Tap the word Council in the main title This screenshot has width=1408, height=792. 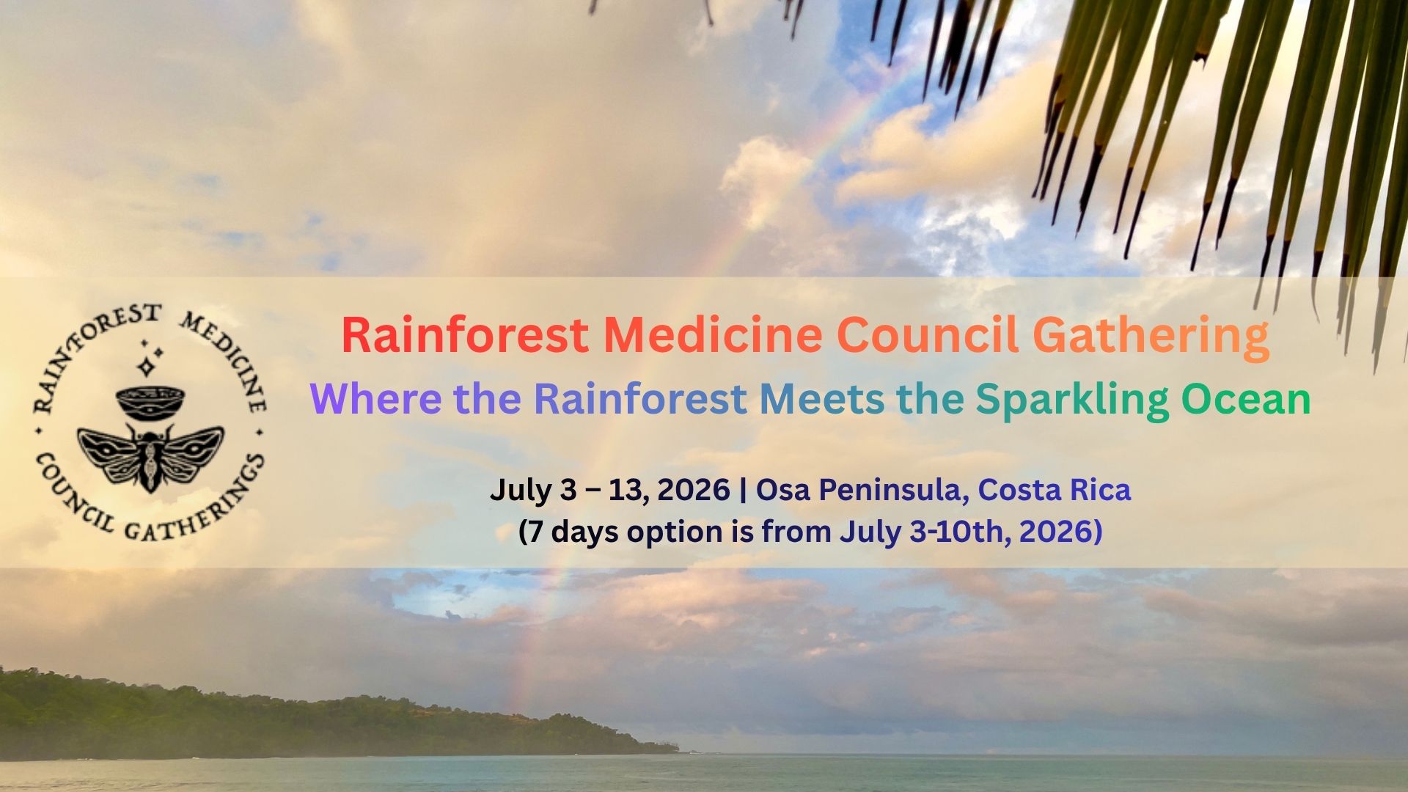coord(928,334)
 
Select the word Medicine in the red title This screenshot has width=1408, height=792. coord(713,334)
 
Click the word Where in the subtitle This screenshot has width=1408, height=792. coord(375,399)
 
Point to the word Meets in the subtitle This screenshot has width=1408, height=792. coord(822,399)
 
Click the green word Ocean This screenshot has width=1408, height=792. coord(1246,399)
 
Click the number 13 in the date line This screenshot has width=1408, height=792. coord(626,490)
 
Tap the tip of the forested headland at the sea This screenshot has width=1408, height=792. coord(678,750)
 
